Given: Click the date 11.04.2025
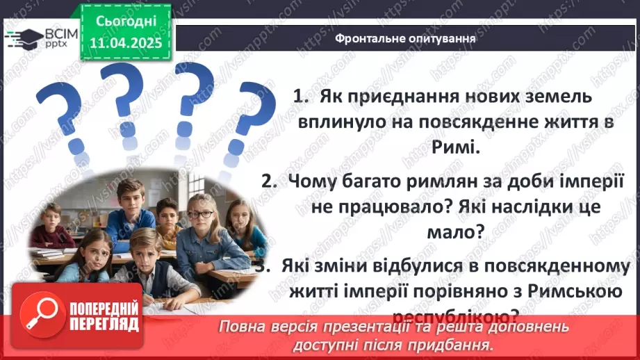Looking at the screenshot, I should pos(126,43).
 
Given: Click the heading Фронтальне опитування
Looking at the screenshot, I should pos(406,39).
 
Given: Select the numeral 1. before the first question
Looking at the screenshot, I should pos(301,97).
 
